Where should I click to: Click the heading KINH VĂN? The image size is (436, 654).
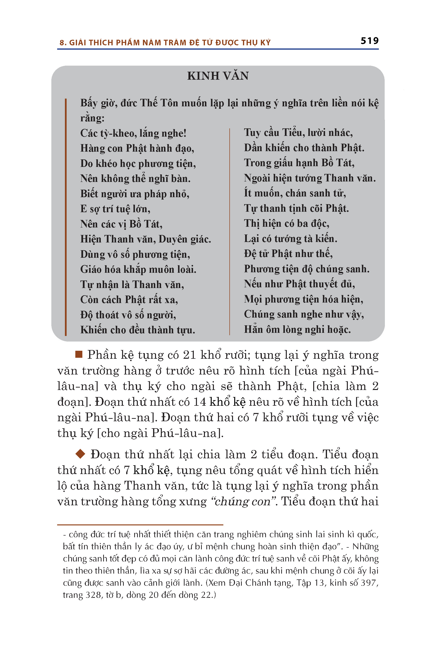point(218,76)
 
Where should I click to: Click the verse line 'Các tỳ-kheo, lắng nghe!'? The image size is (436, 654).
point(133,133)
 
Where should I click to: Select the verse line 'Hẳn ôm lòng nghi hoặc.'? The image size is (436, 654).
point(297,329)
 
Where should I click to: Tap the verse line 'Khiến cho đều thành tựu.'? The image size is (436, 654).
point(138,330)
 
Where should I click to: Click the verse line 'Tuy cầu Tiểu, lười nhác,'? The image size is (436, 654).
point(298,133)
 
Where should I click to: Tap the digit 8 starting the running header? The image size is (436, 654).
point(62,43)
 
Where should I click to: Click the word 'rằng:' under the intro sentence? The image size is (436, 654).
point(92,118)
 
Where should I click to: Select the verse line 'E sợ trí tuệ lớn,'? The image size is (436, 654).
point(115,209)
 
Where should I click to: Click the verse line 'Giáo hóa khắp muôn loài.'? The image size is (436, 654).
point(138,269)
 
